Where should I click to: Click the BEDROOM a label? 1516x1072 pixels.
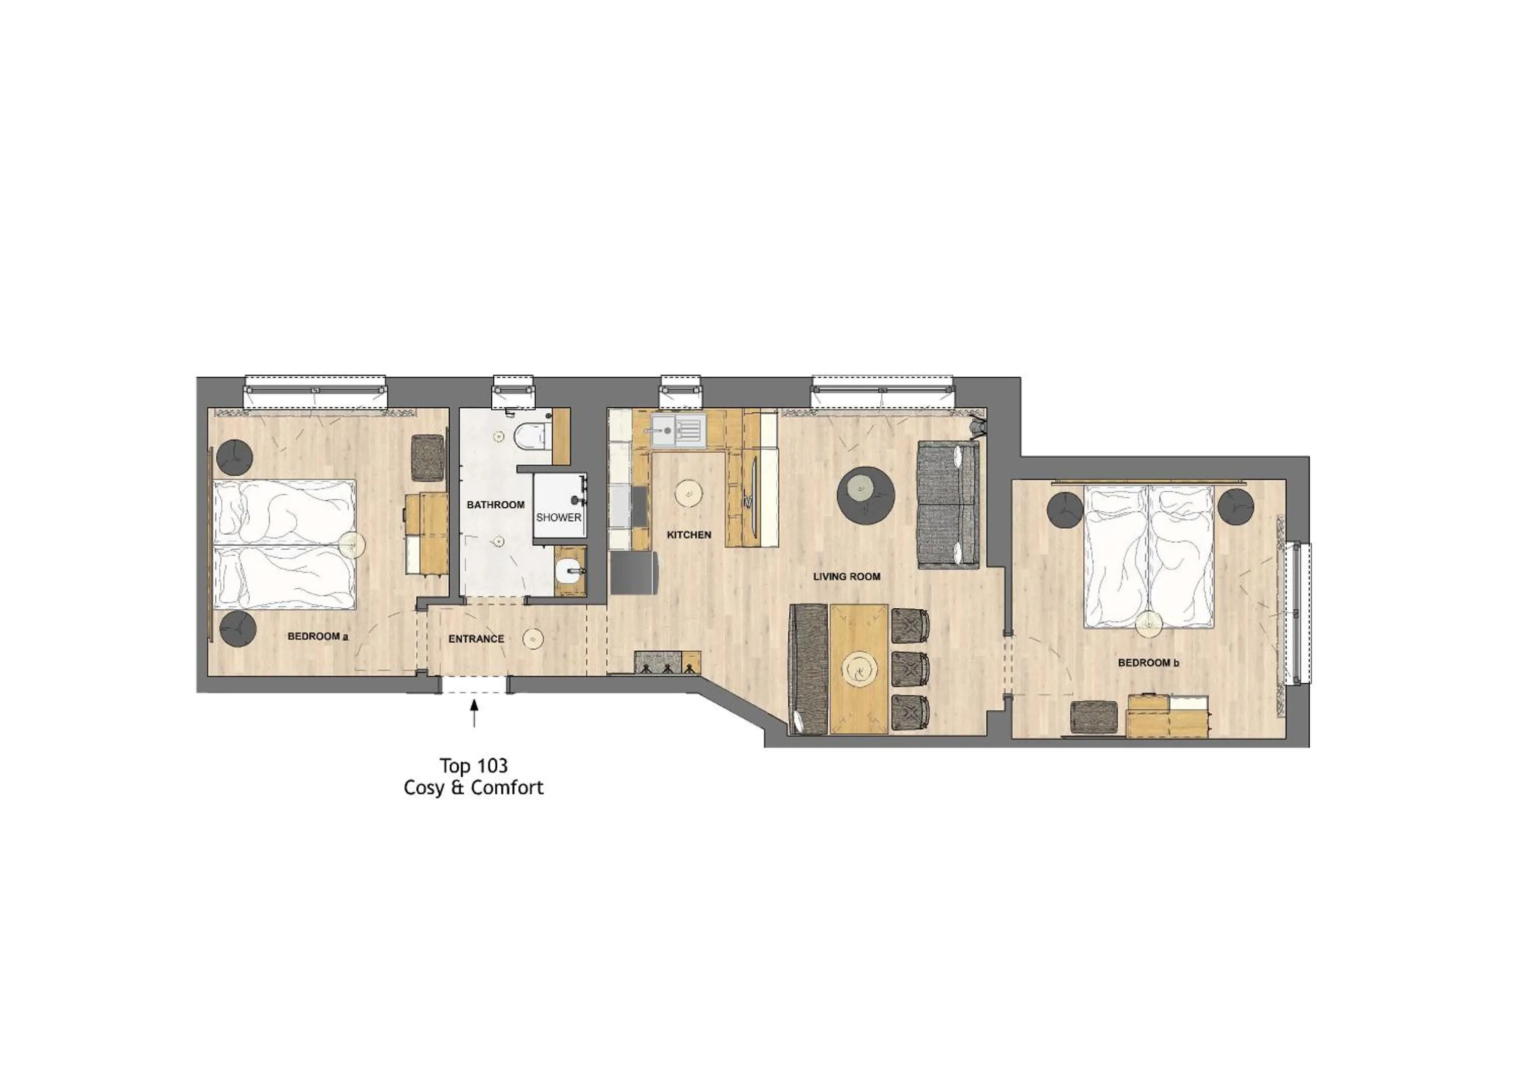pyautogui.click(x=317, y=637)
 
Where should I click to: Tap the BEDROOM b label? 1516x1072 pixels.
pyautogui.click(x=1148, y=662)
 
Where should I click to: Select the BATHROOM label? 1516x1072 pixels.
pyautogui.click(x=495, y=505)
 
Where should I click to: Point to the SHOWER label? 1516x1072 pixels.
pyautogui.click(x=558, y=517)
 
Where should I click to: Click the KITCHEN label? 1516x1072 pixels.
pyautogui.click(x=689, y=534)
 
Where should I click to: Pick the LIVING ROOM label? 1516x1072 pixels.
pyautogui.click(x=846, y=576)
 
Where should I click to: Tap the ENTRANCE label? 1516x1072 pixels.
pyautogui.click(x=476, y=639)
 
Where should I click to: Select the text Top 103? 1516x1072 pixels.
pyautogui.click(x=473, y=766)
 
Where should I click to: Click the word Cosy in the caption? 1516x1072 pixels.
pyautogui.click(x=424, y=788)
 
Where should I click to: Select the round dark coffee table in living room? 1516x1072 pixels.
pyautogui.click(x=866, y=495)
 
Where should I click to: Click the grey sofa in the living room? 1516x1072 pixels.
pyautogui.click(x=947, y=505)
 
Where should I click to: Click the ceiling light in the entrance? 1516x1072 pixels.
pyautogui.click(x=533, y=639)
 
